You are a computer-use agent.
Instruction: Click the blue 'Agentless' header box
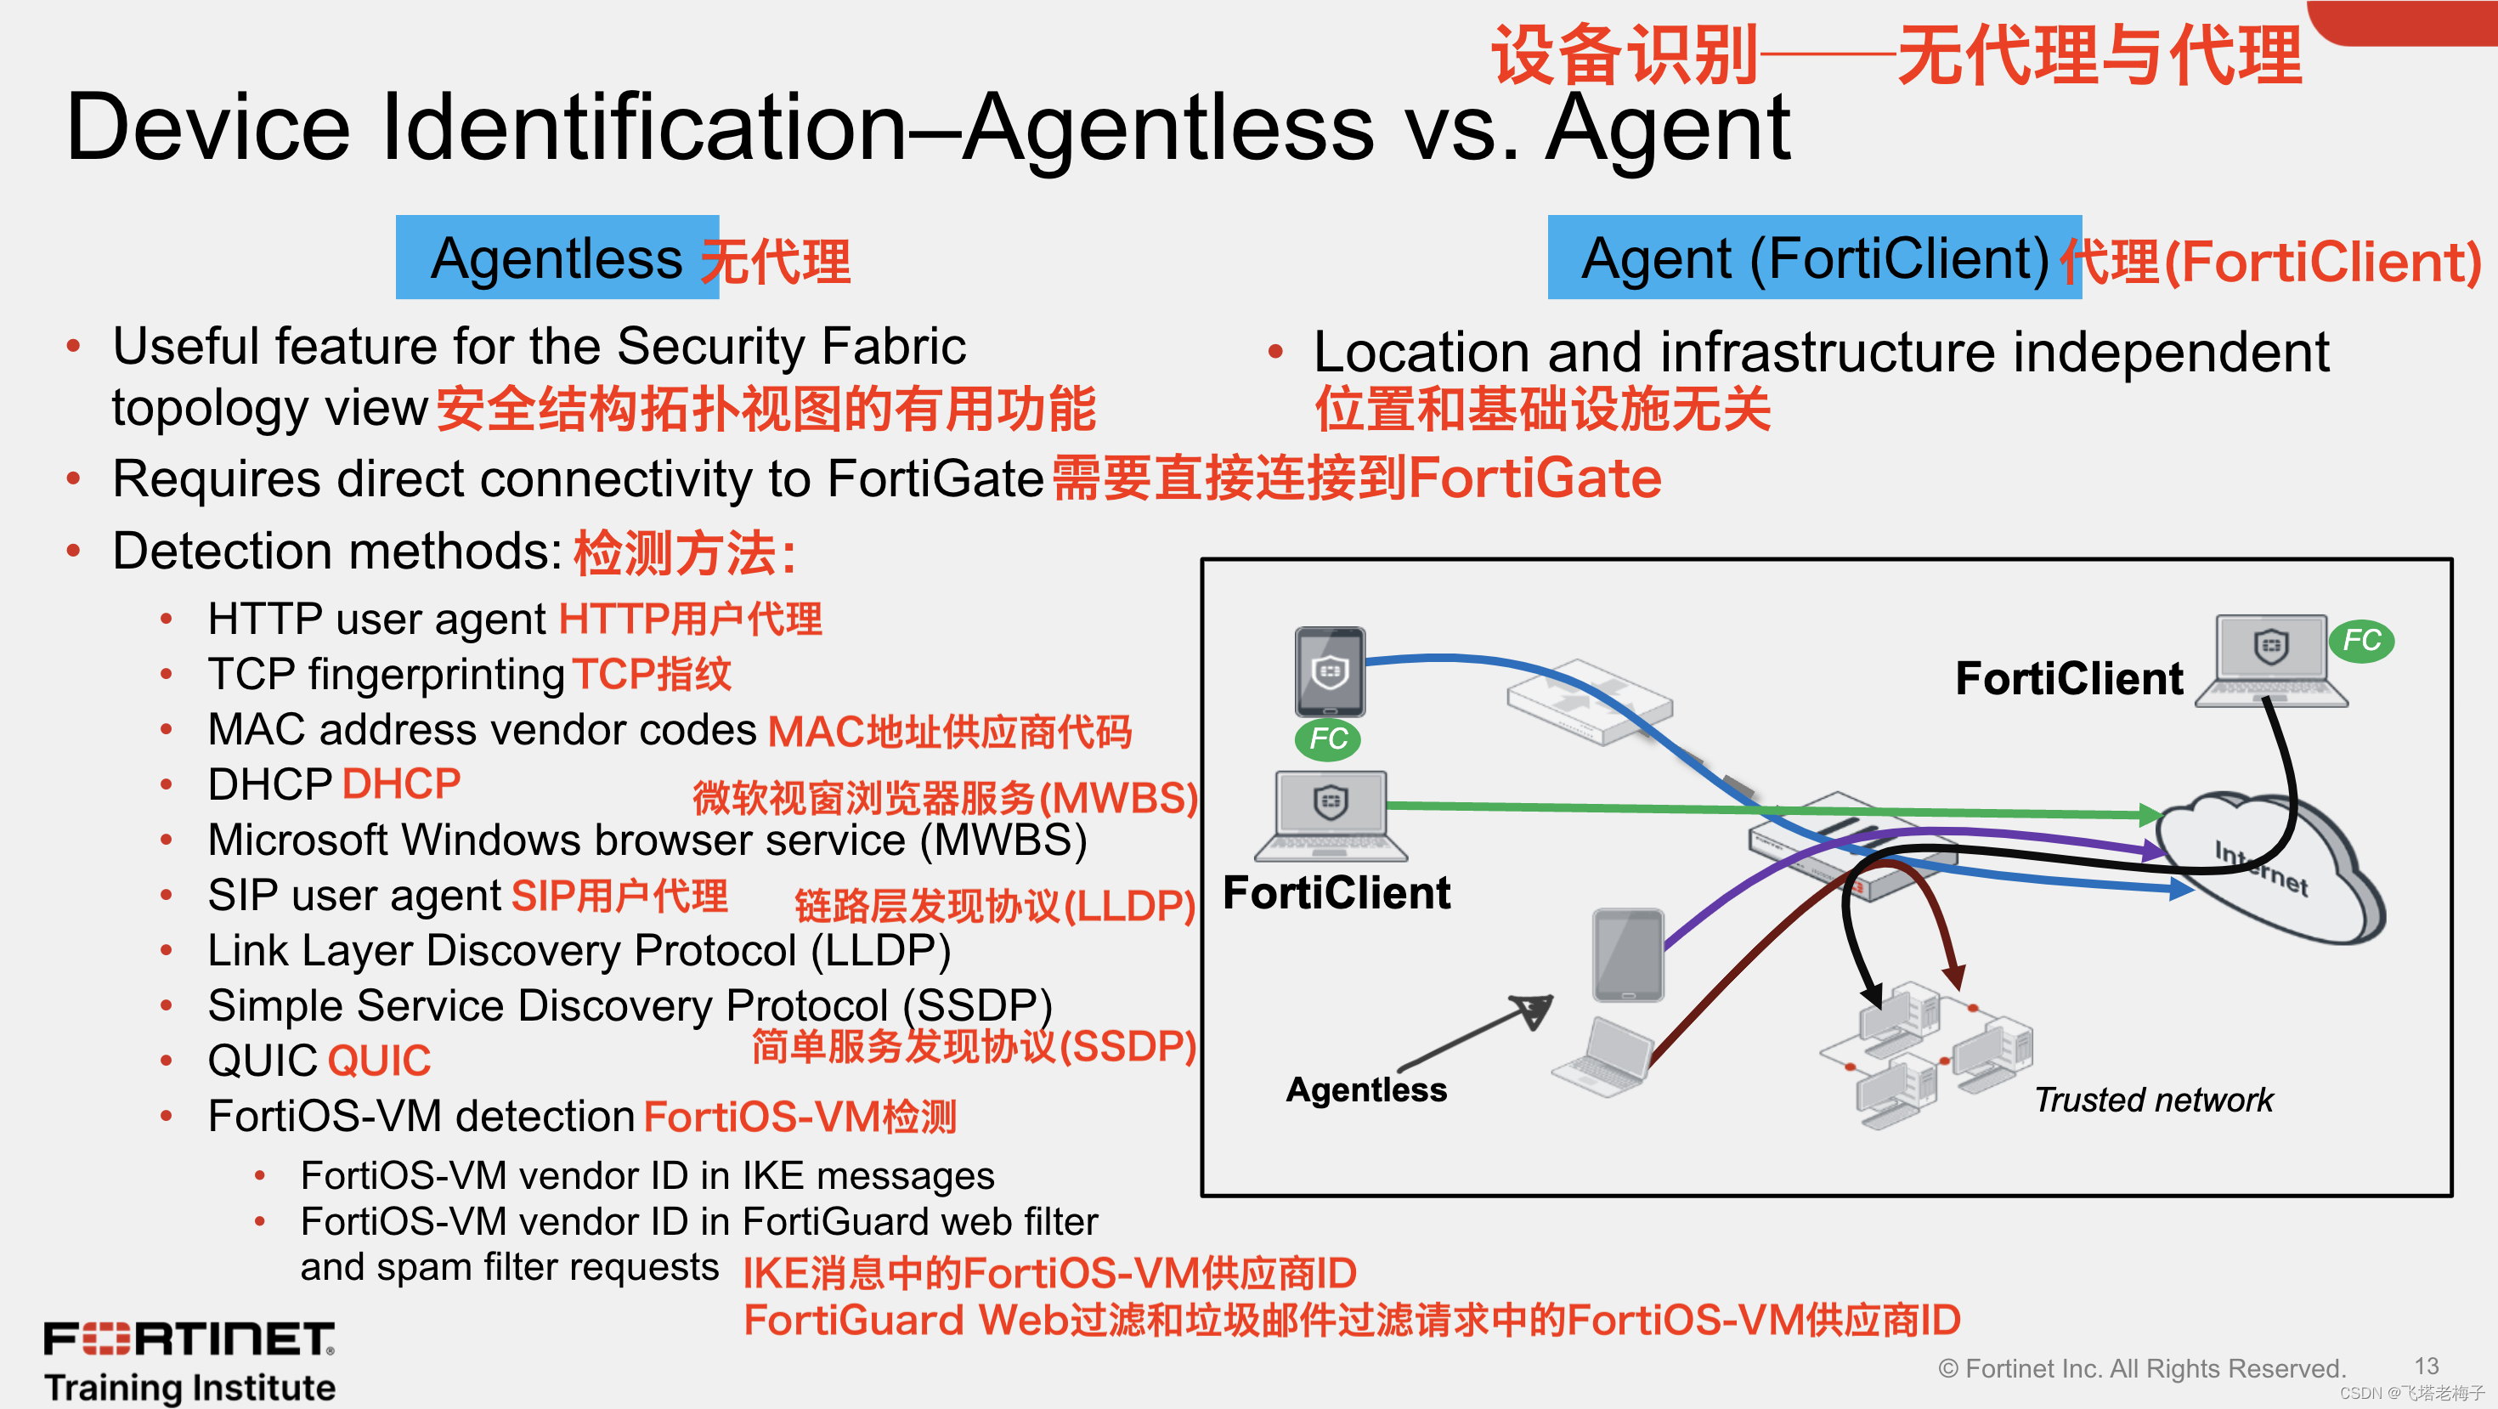(557, 258)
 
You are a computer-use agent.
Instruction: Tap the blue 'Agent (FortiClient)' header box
(1813, 258)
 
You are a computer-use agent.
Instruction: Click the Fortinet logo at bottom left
(189, 1338)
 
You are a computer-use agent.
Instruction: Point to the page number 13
(2427, 1366)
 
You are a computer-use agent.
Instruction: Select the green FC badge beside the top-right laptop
(2361, 640)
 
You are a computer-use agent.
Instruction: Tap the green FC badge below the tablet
(1327, 739)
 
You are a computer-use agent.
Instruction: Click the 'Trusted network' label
(2153, 1100)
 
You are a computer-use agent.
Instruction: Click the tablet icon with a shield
(1330, 671)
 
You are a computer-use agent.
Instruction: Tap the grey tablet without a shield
(1628, 954)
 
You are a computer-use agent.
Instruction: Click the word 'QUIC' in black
(262, 1061)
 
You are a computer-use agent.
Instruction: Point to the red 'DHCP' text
(401, 784)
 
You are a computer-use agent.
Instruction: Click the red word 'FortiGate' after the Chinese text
(1534, 479)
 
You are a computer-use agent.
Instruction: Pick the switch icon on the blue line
(1590, 700)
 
